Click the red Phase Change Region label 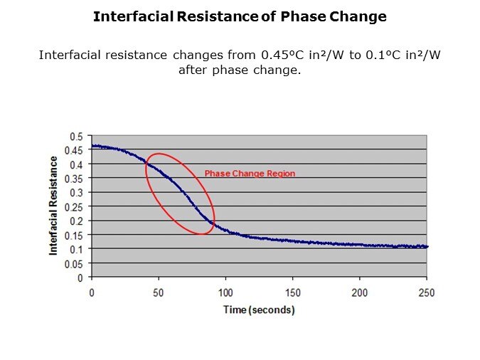(x=250, y=174)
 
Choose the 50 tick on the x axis (x=159, y=293)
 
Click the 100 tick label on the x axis (x=225, y=293)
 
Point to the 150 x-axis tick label (x=293, y=293)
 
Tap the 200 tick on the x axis (x=360, y=293)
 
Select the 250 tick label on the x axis (x=427, y=293)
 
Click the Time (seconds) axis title (x=259, y=310)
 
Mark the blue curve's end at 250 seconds (x=427, y=247)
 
